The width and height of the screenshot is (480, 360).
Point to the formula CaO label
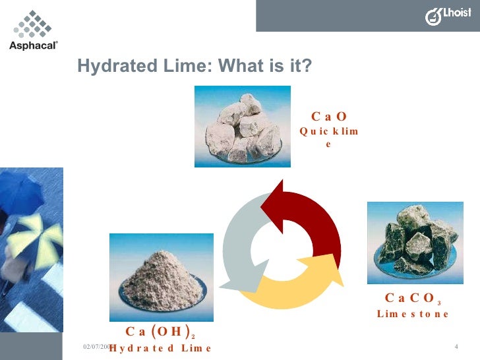[328, 117]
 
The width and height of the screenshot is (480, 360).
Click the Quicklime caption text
[328, 137]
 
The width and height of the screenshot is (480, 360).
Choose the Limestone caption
[413, 314]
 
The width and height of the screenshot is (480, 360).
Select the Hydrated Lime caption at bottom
[160, 347]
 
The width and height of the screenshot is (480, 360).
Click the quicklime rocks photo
[241, 127]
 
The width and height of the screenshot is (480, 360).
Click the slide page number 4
[456, 347]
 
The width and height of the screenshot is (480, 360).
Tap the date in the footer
[97, 346]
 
